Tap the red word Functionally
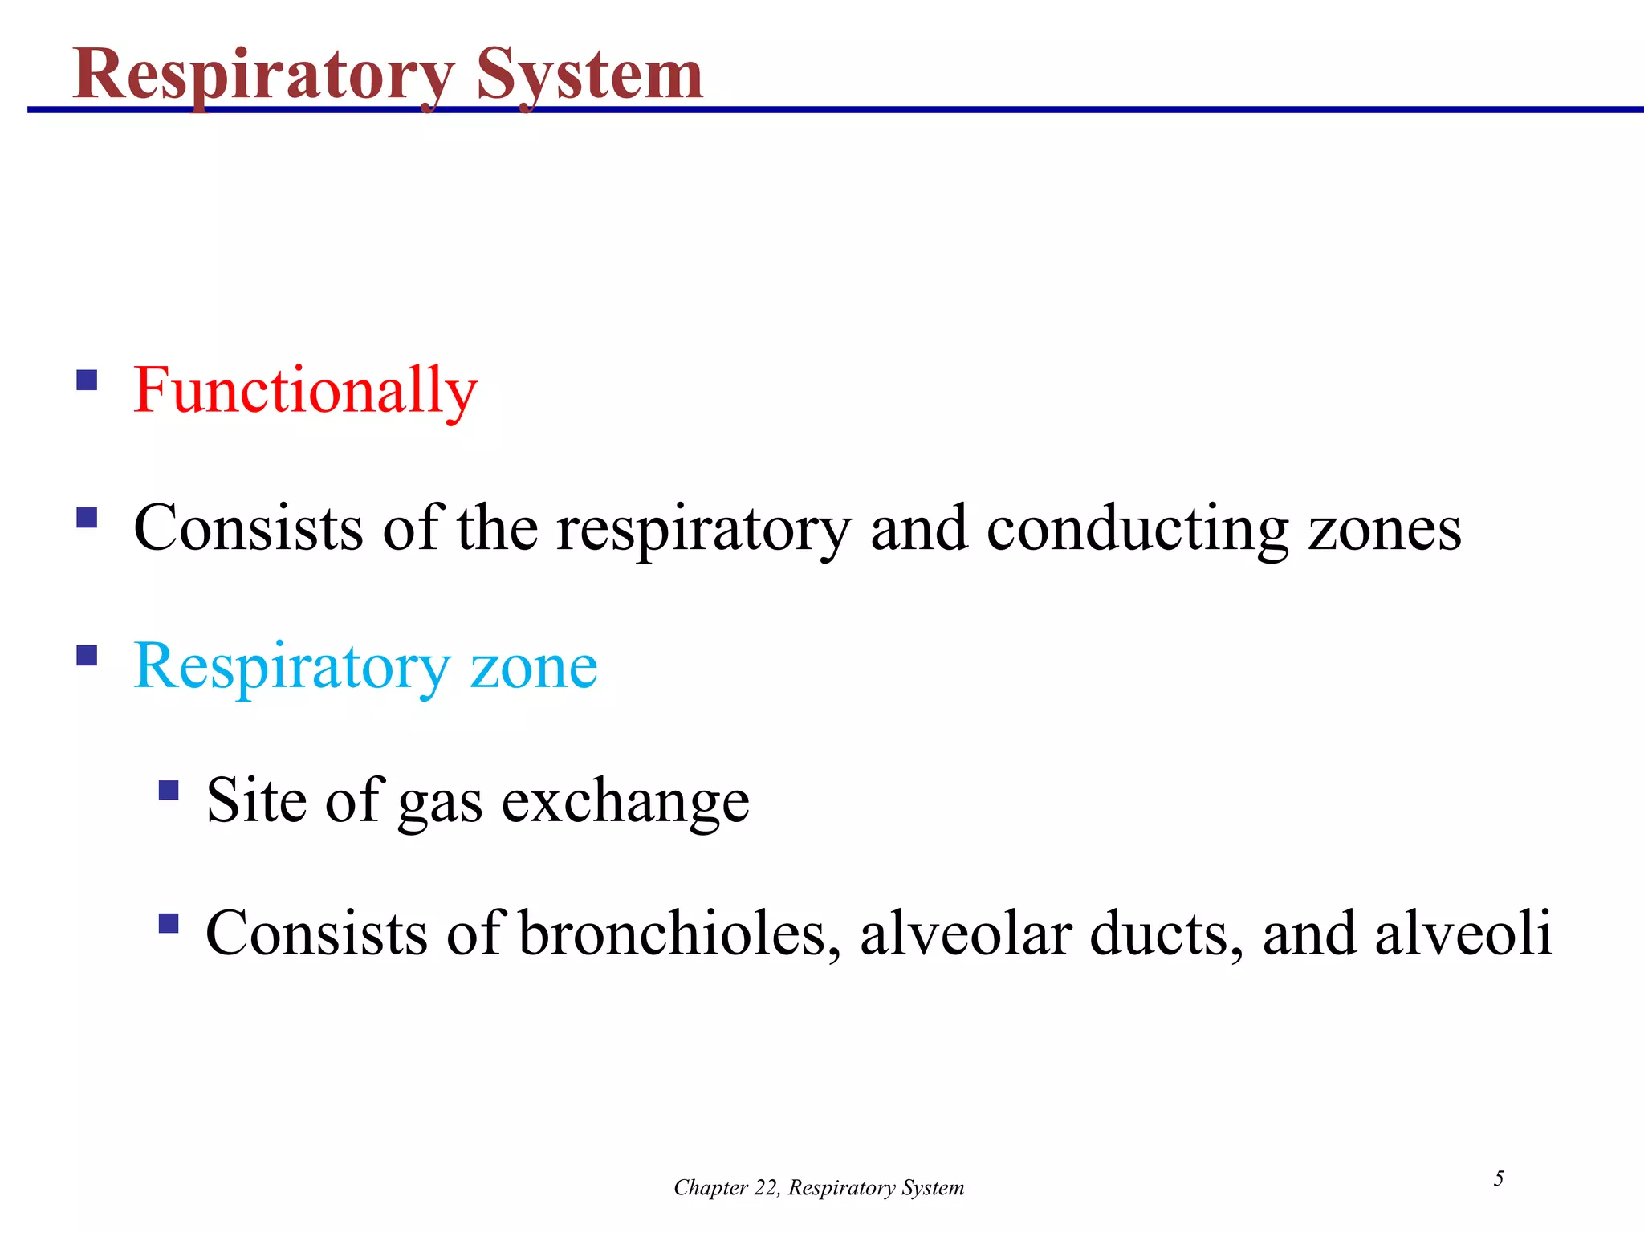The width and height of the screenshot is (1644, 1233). pyautogui.click(x=305, y=390)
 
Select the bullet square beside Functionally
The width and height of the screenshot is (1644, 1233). pyautogui.click(x=87, y=379)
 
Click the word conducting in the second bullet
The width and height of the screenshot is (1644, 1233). pyautogui.click(x=1137, y=529)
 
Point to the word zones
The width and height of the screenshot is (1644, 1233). pyautogui.click(x=1385, y=529)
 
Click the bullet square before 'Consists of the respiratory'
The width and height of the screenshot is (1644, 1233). pyautogui.click(x=87, y=517)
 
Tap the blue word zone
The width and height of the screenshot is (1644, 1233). pyautogui.click(x=534, y=667)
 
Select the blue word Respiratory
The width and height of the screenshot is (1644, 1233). pyautogui.click(x=292, y=667)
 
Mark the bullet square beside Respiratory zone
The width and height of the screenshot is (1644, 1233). pyautogui.click(x=87, y=656)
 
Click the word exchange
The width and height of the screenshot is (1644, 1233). pyautogui.click(x=625, y=801)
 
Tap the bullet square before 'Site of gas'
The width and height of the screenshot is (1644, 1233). pyautogui.click(x=169, y=791)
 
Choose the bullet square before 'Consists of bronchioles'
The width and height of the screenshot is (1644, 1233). pyautogui.click(x=169, y=923)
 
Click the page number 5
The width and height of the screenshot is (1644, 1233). pyautogui.click(x=1498, y=1178)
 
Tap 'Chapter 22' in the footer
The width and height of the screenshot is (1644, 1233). pyautogui.click(x=726, y=1188)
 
